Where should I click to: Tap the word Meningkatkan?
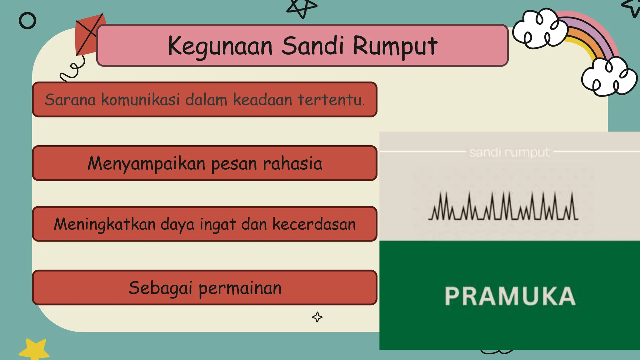click(x=105, y=224)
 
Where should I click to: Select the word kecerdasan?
click(x=314, y=224)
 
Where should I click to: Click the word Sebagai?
click(x=160, y=288)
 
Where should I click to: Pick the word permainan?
click(x=240, y=288)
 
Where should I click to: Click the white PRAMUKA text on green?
click(x=510, y=296)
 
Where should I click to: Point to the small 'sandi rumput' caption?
click(x=509, y=152)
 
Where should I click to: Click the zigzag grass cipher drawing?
click(x=503, y=207)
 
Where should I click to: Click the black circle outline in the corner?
click(x=27, y=21)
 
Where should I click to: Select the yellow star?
click(x=34, y=350)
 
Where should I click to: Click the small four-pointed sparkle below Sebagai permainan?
click(x=317, y=317)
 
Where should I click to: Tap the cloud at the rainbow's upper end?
click(x=540, y=29)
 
